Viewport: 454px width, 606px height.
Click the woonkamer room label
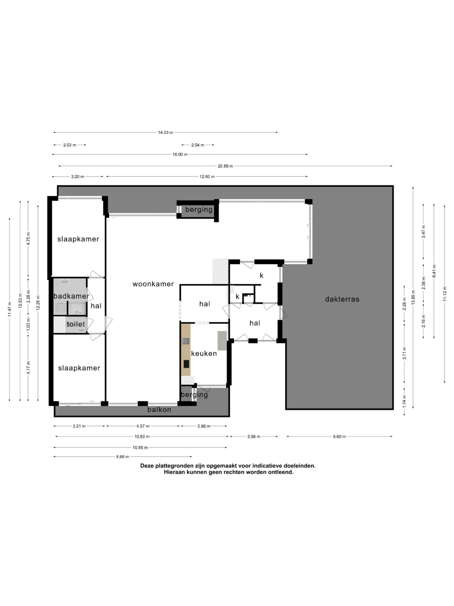pos(153,284)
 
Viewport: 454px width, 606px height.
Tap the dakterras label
pos(342,299)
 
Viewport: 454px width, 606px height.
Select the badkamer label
pos(71,296)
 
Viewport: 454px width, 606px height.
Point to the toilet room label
pos(76,324)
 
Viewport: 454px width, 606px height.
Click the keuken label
pos(204,353)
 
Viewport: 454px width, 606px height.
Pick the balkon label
pos(159,410)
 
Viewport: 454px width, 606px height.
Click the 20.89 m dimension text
pos(225,166)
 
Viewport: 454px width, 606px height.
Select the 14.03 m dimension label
pos(166,133)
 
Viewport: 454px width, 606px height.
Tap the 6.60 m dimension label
pos(339,437)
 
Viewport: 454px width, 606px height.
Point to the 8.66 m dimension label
pos(123,457)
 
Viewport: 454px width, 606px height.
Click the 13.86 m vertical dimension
pos(413,297)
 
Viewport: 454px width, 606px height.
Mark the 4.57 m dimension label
pos(143,426)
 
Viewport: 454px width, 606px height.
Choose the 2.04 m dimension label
pos(198,145)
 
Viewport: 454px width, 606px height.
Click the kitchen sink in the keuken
pos(186,341)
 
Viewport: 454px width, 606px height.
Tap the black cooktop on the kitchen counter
pos(186,364)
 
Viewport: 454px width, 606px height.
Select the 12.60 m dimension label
pos(207,177)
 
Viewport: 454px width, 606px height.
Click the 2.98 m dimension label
pos(254,437)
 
